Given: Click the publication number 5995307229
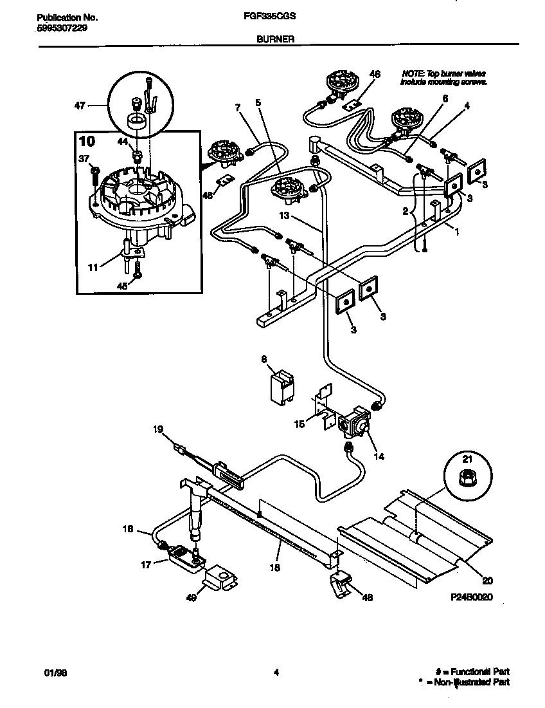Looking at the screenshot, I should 58,29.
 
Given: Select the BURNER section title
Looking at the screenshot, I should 275,39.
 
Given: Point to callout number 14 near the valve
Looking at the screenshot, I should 379,457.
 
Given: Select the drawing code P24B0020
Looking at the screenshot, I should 472,597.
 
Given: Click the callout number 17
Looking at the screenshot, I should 146,565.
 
